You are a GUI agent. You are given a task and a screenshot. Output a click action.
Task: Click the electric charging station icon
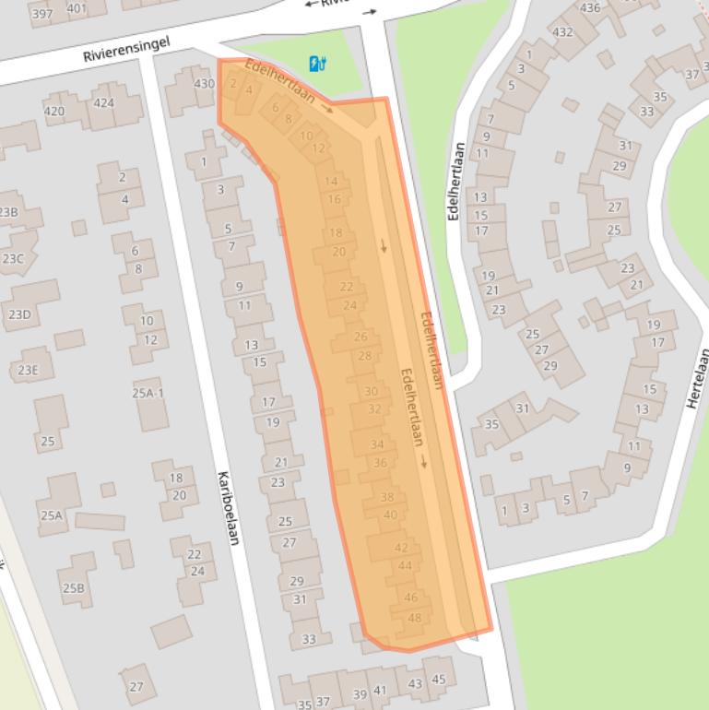318,64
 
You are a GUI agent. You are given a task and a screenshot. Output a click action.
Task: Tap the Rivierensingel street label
126,50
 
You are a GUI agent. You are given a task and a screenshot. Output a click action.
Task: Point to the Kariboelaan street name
228,507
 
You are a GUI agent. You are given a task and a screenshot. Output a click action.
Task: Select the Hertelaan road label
698,378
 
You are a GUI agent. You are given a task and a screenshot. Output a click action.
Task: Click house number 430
204,83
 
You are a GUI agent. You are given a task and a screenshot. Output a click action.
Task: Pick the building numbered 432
562,31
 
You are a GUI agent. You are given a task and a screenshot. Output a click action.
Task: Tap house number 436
589,8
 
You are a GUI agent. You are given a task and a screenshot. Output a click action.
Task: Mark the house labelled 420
54,112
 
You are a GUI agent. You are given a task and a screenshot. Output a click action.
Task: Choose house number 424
103,103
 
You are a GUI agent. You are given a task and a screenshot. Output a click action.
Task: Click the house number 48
414,618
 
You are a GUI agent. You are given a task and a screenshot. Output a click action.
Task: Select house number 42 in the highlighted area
401,547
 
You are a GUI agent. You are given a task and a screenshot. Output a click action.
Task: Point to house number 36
380,463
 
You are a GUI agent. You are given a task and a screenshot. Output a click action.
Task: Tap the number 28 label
364,356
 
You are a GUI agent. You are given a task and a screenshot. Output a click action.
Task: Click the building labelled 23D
19,314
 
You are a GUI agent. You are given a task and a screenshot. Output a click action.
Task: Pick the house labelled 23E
28,371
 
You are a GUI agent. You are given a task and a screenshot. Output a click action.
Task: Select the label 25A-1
148,393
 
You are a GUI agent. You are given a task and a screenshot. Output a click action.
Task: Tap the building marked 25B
73,587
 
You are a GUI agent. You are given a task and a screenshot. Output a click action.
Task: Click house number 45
439,680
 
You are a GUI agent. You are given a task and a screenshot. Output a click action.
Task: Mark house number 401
77,9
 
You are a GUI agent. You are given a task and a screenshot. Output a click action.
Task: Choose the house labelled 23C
13,259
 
